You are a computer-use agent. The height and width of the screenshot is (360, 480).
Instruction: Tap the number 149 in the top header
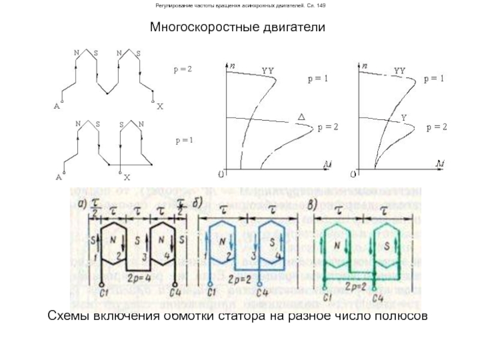coord(322,6)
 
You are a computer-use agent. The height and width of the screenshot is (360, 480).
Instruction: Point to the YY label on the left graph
coord(268,71)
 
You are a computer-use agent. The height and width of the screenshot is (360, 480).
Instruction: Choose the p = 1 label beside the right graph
coord(433,79)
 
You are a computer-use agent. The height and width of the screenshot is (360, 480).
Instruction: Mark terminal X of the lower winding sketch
coord(127,178)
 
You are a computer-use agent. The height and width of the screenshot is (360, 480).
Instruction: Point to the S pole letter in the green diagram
coord(388,246)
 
